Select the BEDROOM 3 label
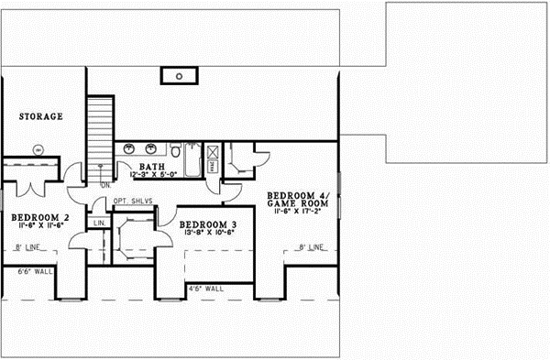tap(208, 225)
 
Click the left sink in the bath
tap(127, 147)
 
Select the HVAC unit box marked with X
tap(211, 154)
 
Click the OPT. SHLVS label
tap(136, 201)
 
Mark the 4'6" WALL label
tap(204, 289)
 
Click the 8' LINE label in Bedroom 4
tap(311, 247)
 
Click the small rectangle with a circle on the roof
tap(181, 74)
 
